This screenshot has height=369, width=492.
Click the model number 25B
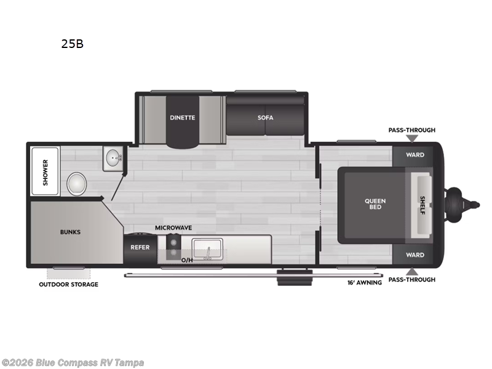click(72, 44)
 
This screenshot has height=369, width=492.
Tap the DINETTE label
click(182, 117)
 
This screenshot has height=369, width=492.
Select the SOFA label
click(266, 117)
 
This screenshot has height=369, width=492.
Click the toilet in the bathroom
click(76, 184)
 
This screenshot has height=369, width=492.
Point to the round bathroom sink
click(113, 158)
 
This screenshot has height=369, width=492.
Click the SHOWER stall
click(45, 172)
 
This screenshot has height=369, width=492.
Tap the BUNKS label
click(70, 232)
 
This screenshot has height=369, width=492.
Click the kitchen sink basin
click(207, 250)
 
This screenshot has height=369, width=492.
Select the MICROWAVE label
click(173, 228)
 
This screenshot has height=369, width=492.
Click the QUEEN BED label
click(375, 204)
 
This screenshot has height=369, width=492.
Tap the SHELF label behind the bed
click(423, 205)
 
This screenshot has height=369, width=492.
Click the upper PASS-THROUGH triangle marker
click(412, 138)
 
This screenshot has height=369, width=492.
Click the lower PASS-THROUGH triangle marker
click(412, 272)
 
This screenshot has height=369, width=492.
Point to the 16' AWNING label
click(365, 283)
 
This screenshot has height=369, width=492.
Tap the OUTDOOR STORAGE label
click(68, 285)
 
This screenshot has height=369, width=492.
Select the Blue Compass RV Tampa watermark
click(72, 363)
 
